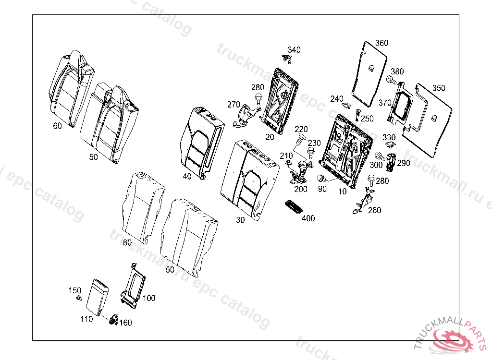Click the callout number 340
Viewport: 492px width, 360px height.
294,50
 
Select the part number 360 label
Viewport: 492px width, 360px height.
381,43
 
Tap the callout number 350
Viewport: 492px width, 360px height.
438,88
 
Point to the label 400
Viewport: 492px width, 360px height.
308,218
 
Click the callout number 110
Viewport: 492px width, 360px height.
87,318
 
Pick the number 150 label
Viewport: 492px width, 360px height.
74,290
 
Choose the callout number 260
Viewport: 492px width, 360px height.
374,210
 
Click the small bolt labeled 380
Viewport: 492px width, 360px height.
391,79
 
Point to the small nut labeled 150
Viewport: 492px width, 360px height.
78,299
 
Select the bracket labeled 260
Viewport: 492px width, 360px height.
365,201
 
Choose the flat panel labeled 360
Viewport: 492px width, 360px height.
369,72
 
